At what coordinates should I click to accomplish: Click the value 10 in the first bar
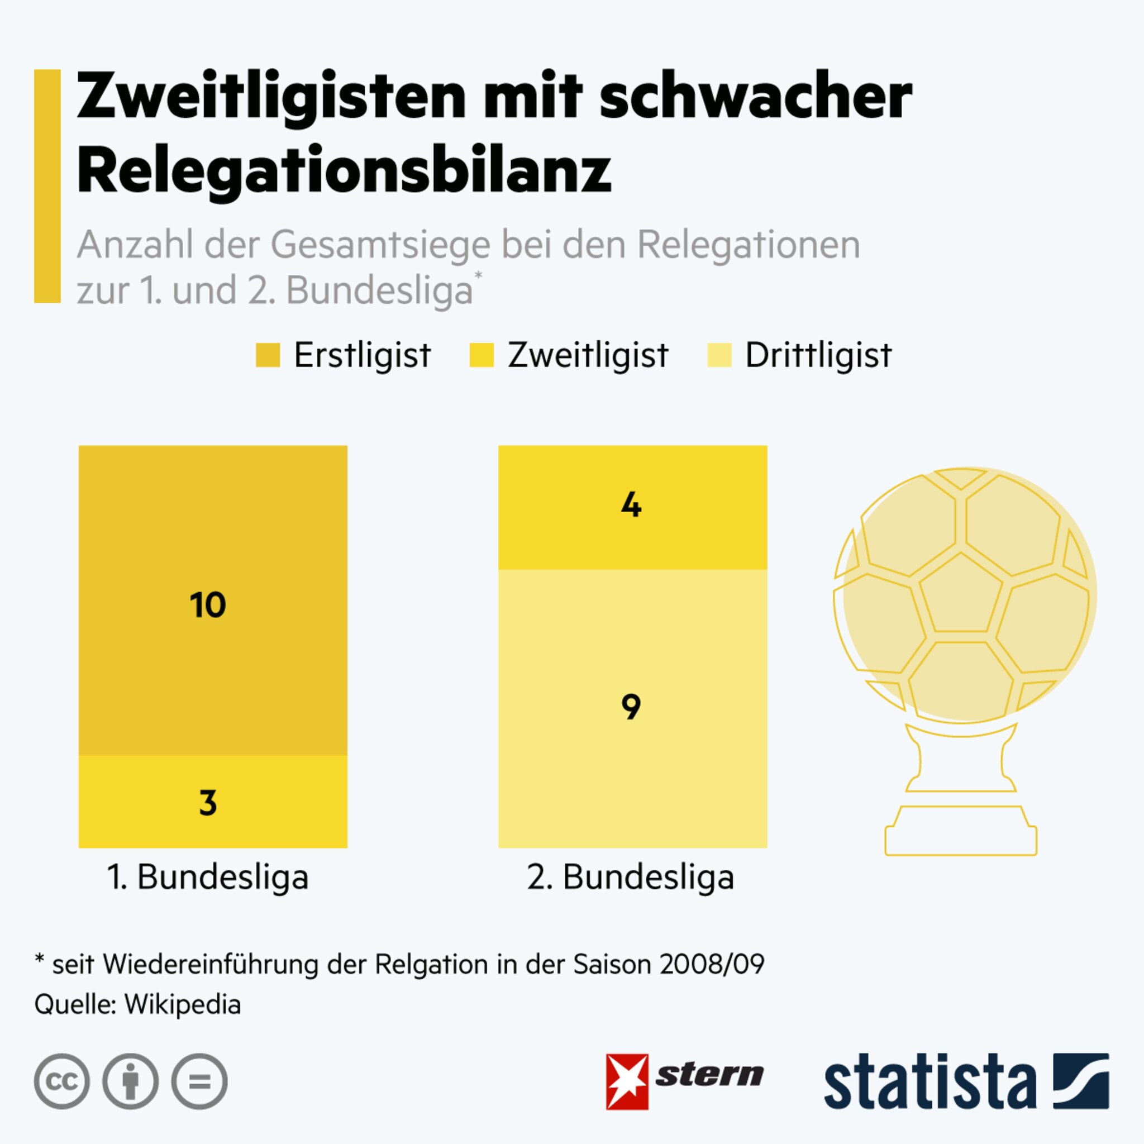click(208, 605)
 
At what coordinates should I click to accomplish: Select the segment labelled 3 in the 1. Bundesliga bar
click(213, 802)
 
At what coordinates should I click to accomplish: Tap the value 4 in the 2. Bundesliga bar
click(631, 506)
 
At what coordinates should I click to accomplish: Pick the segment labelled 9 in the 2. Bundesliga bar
click(632, 709)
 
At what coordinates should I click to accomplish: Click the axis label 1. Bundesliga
click(208, 877)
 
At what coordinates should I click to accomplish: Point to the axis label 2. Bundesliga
click(631, 877)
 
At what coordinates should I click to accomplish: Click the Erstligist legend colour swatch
click(268, 355)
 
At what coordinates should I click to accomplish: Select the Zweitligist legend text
click(588, 355)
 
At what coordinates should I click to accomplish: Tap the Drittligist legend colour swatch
click(719, 355)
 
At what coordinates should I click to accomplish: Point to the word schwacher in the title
click(756, 96)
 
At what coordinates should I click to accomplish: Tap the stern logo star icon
click(627, 1082)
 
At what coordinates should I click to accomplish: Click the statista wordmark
click(930, 1083)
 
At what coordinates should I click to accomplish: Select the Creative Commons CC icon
click(61, 1081)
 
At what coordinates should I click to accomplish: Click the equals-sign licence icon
click(199, 1081)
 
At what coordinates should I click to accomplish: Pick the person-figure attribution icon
click(130, 1081)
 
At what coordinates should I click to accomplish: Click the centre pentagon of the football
click(960, 594)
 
